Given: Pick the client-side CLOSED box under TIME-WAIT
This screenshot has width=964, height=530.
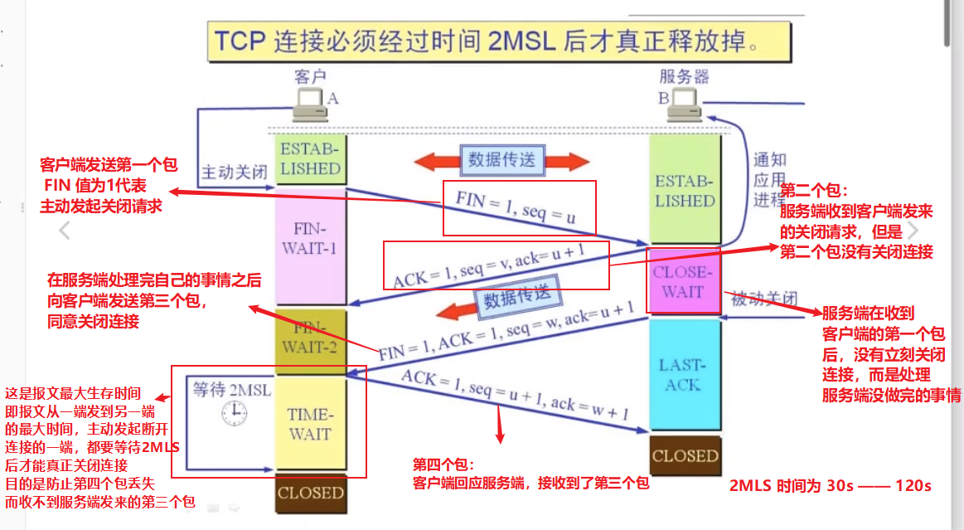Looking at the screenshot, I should pyautogui.click(x=310, y=493).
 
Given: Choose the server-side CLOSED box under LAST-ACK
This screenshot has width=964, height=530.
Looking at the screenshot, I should pyautogui.click(x=685, y=455).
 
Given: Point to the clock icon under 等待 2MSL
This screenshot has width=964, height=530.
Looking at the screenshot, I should pyautogui.click(x=234, y=412).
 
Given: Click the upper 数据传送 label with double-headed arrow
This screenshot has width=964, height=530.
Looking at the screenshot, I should pyautogui.click(x=501, y=159).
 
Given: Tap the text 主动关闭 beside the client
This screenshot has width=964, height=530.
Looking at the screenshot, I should pyautogui.click(x=235, y=173).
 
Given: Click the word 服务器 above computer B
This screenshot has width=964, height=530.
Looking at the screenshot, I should pyautogui.click(x=684, y=77).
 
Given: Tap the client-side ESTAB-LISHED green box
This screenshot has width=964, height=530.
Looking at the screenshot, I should pyautogui.click(x=310, y=159).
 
